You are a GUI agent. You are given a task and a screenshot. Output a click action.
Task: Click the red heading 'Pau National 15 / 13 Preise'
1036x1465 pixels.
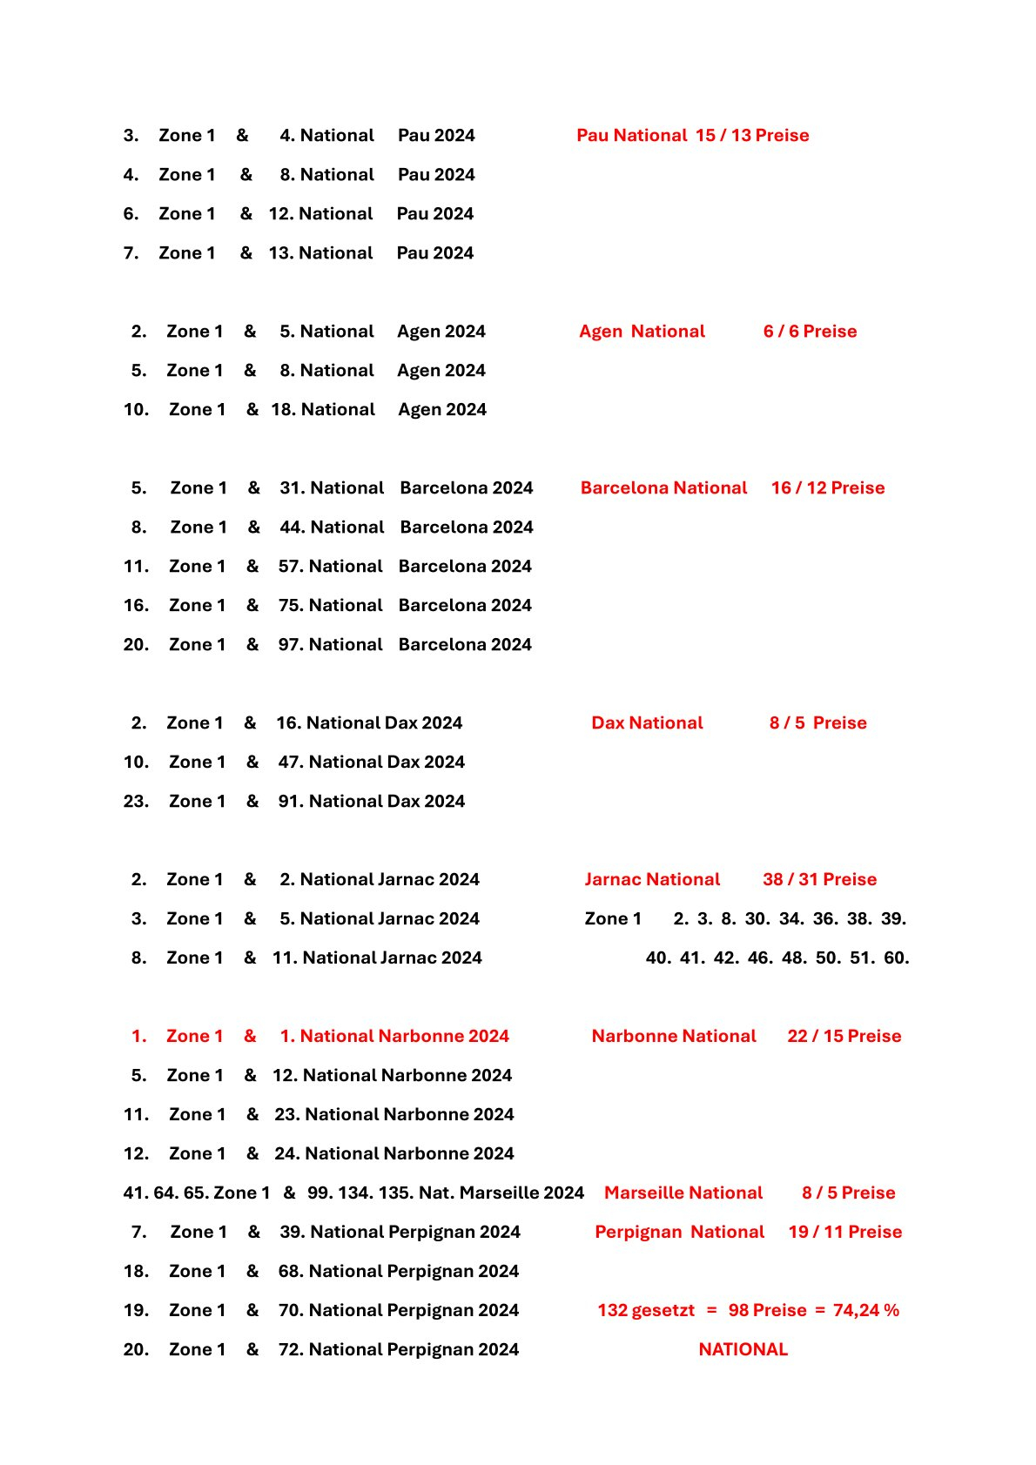click(x=692, y=136)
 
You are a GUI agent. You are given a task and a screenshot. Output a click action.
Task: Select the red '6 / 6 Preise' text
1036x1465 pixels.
click(x=810, y=332)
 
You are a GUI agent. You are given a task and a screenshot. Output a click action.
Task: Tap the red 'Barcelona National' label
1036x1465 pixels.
click(x=663, y=488)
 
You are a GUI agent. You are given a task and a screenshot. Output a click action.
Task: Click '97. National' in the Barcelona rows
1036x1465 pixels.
click(x=330, y=645)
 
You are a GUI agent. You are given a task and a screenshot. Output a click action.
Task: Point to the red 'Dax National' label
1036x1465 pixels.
click(x=647, y=723)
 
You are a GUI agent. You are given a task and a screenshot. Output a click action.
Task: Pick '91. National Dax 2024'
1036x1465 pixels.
click(x=371, y=802)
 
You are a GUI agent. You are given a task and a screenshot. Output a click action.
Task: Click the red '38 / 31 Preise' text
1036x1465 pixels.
click(x=819, y=880)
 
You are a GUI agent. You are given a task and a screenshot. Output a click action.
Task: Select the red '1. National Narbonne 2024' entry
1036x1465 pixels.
click(x=394, y=1037)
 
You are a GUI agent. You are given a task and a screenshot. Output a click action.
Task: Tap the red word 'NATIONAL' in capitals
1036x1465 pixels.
click(x=743, y=1350)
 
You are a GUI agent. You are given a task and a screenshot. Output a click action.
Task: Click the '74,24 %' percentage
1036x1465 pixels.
click(x=865, y=1311)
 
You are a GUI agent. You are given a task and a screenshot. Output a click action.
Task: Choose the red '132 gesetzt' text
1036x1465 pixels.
click(x=646, y=1311)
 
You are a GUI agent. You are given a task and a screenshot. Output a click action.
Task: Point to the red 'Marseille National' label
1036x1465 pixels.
click(x=683, y=1193)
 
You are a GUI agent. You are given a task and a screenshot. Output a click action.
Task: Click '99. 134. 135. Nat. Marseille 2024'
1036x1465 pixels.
click(x=445, y=1193)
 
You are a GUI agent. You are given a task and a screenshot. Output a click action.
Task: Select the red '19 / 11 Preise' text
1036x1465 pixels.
click(x=844, y=1233)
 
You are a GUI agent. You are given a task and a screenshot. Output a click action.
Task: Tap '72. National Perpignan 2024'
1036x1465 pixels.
click(x=398, y=1350)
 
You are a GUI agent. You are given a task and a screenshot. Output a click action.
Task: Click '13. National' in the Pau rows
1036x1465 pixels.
click(x=320, y=253)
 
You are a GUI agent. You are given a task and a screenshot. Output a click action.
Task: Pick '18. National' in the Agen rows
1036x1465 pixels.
click(x=323, y=410)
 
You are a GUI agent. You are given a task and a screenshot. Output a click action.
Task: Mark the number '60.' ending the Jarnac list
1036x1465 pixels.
click(x=896, y=958)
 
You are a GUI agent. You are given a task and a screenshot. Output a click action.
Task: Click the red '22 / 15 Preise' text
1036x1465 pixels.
click(x=844, y=1037)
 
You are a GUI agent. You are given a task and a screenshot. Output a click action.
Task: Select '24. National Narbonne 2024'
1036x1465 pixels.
click(x=394, y=1154)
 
